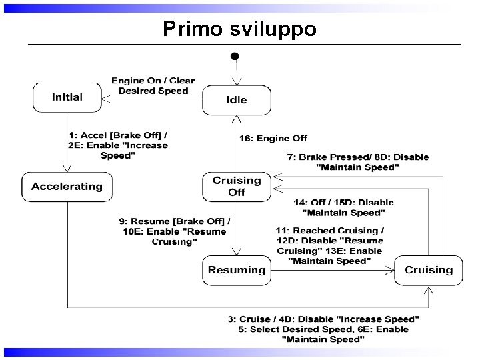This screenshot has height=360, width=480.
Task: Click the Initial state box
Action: pos(67,97)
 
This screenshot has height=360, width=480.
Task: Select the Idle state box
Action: pos(237,100)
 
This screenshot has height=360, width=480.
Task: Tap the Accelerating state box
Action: pos(67,187)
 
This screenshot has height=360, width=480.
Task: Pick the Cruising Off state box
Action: pos(237,186)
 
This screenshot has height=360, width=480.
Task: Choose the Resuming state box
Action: pos(237,270)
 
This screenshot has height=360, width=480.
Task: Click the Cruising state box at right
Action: pos(428,270)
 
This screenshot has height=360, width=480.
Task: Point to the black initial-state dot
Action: pos(234,57)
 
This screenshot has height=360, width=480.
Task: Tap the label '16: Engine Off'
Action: pos(273,138)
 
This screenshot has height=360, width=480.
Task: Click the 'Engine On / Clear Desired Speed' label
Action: pos(153,85)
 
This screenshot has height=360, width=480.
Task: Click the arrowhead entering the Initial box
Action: pos(105,97)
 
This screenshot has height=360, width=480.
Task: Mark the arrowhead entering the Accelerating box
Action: pos(67,171)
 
